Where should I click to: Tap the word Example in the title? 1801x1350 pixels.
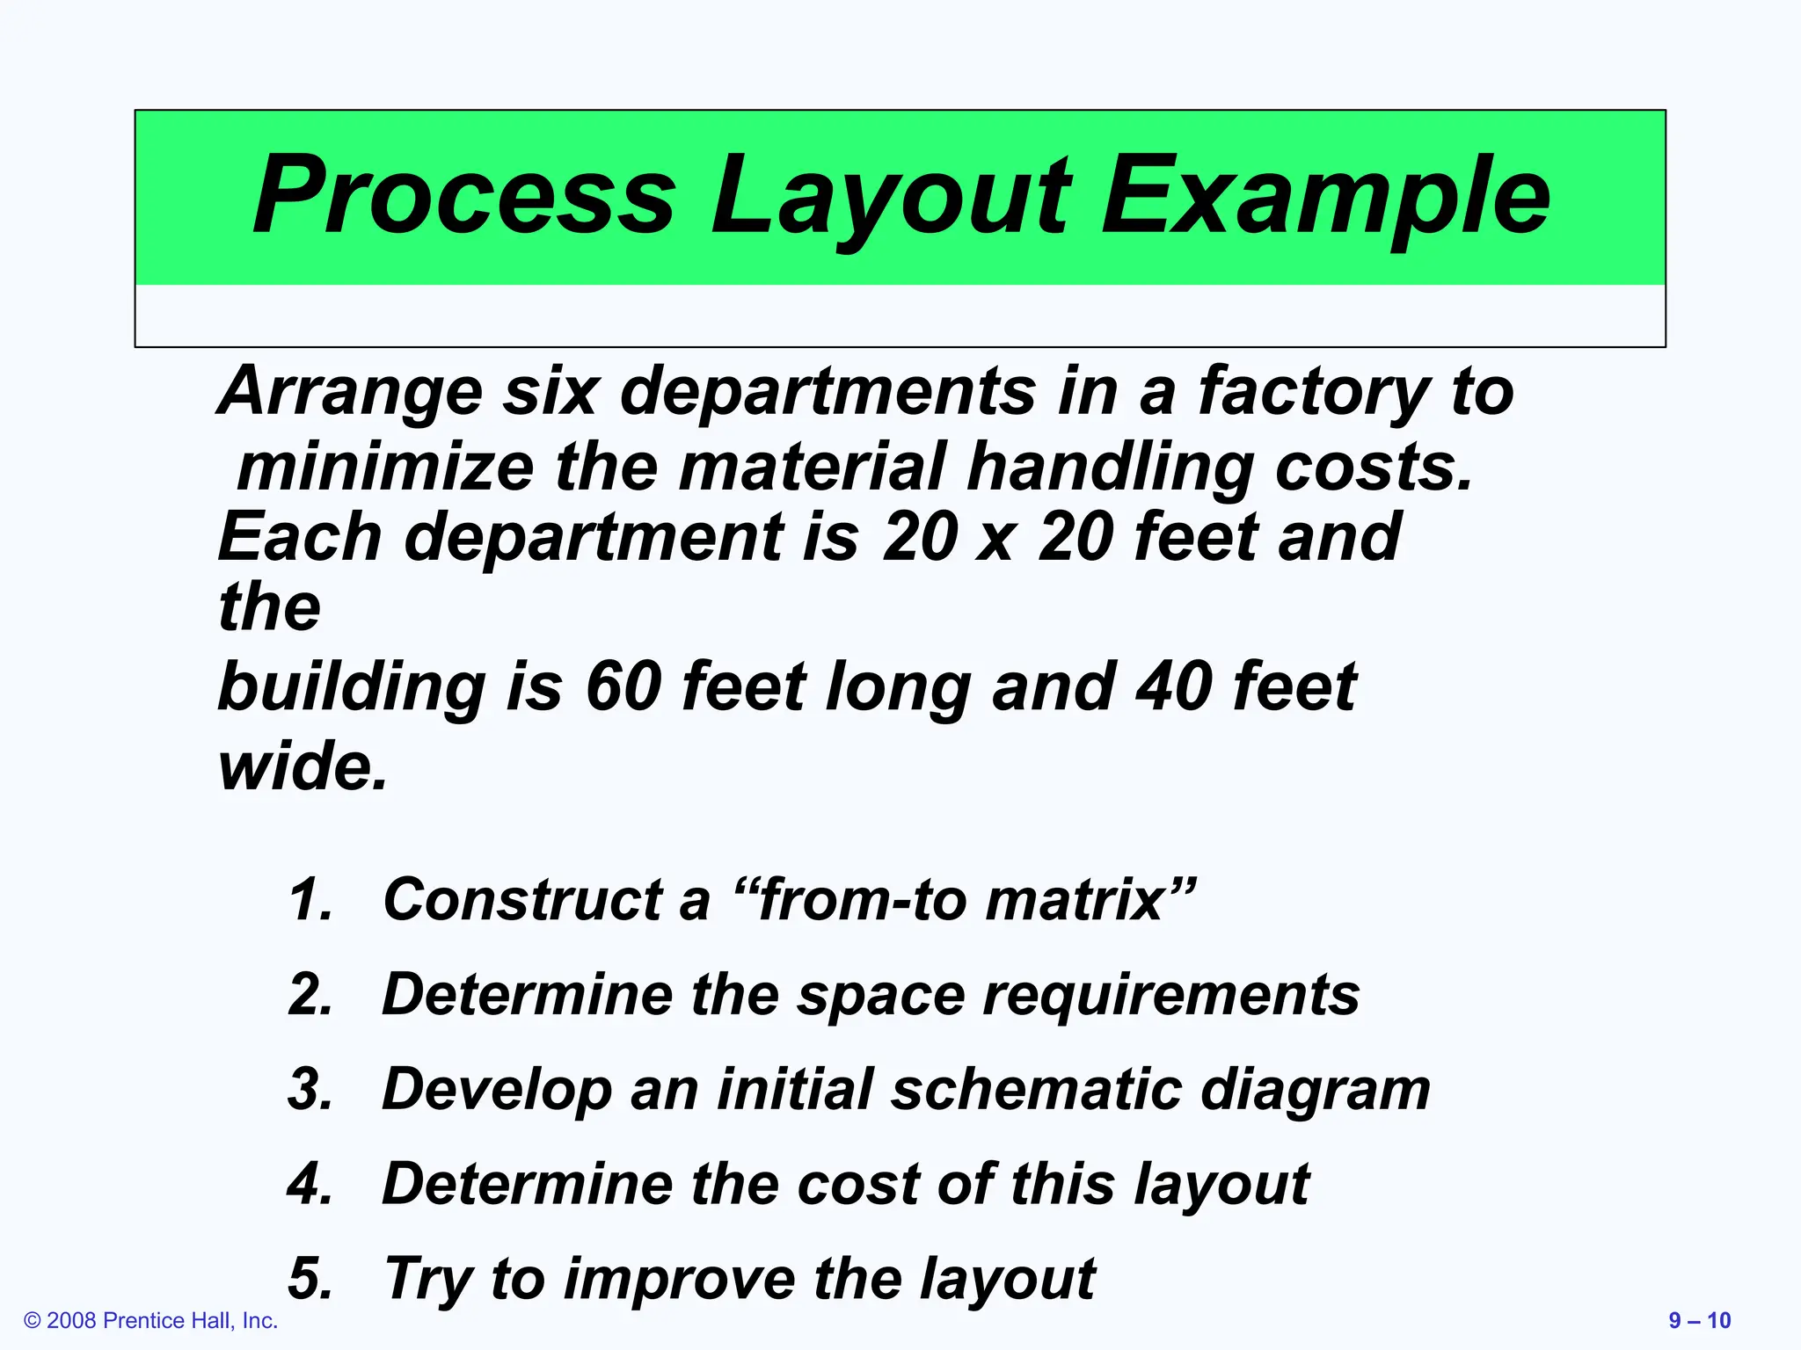[x=1325, y=195]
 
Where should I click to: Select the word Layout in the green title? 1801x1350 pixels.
[x=889, y=195]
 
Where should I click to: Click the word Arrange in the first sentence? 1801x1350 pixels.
[x=350, y=392]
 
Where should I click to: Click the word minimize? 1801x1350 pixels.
[x=385, y=468]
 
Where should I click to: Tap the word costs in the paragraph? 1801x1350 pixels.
[x=1373, y=468]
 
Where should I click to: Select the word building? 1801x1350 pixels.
[x=351, y=687]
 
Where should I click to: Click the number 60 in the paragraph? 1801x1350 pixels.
[x=623, y=687]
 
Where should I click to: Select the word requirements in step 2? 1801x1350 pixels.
[x=1170, y=995]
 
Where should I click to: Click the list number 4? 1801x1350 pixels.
[x=310, y=1185]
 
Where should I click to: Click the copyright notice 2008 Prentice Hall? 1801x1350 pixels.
[x=150, y=1321]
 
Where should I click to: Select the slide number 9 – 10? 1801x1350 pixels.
[x=1699, y=1321]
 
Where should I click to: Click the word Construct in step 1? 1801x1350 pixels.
[x=522, y=900]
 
